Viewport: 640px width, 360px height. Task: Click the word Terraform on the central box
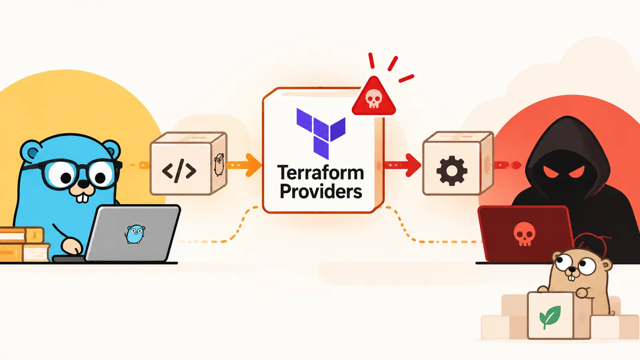pyautogui.click(x=320, y=172)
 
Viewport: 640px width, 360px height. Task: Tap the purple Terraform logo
pyautogui.click(x=321, y=134)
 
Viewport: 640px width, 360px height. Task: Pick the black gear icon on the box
pyautogui.click(x=452, y=171)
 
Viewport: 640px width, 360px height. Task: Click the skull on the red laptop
pyautogui.click(x=524, y=234)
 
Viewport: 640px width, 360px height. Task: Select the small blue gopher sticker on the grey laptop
pyautogui.click(x=135, y=234)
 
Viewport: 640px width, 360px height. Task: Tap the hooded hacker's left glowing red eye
pyautogui.click(x=550, y=172)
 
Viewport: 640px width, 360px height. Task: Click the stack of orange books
pyautogui.click(x=24, y=244)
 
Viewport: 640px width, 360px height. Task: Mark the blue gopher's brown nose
pyautogui.click(x=84, y=184)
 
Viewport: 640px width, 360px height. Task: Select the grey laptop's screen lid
pyautogui.click(x=133, y=233)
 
